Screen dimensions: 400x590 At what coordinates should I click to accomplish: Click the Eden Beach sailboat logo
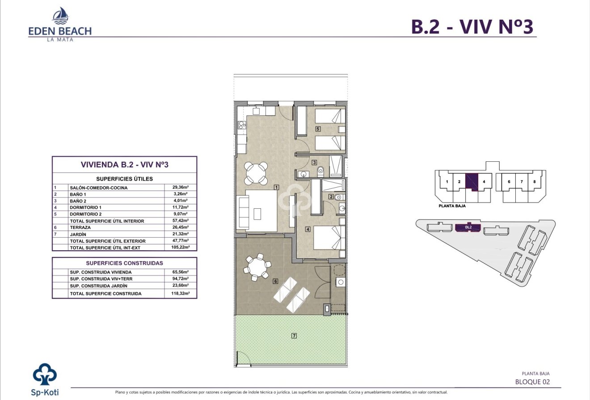pos(60,16)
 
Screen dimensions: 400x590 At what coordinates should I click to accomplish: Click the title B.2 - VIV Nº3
pos(472,26)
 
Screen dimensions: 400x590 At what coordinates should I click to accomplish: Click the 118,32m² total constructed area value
pos(181,294)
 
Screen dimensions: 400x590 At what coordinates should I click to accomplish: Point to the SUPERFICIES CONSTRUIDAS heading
pos(124,263)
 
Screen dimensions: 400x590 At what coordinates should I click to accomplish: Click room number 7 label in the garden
pos(294,336)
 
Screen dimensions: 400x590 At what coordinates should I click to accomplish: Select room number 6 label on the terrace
pos(276,281)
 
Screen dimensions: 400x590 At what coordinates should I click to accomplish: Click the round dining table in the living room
pos(257,173)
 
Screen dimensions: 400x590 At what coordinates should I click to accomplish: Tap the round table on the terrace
pos(257,267)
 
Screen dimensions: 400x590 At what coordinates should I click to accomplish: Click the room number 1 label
pos(277,187)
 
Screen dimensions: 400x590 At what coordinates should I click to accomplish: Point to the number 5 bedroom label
pos(318,129)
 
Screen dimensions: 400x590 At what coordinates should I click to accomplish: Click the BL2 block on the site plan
pos(468,227)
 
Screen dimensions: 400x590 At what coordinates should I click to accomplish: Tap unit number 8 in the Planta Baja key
pos(534,182)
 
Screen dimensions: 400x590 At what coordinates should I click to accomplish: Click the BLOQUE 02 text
pos(532,382)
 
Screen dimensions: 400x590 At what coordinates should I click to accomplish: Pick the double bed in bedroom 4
pos(329,237)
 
